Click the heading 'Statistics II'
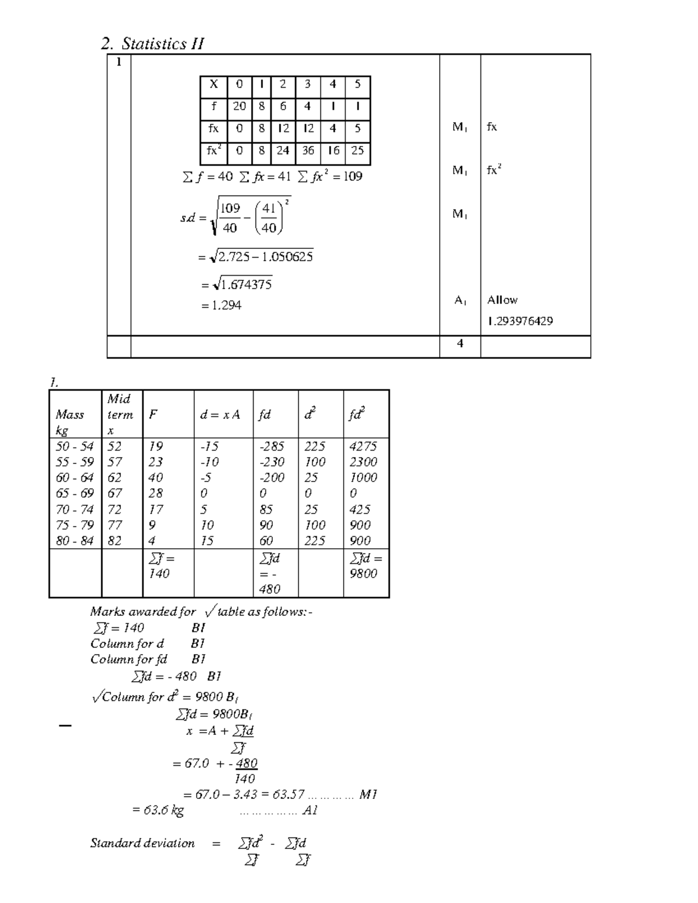(162, 44)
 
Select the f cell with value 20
(239, 106)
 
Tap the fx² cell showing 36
(308, 151)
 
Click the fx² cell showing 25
(357, 151)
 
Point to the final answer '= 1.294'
(221, 305)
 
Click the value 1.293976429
(520, 321)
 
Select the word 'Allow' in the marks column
(502, 300)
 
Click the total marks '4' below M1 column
(460, 344)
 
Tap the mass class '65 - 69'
(74, 493)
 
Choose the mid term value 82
(115, 540)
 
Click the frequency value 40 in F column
(155, 477)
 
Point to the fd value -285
(272, 446)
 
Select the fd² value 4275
(363, 446)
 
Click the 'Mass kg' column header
(69, 422)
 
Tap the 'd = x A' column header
(220, 415)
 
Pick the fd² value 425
(359, 509)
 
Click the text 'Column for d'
(127, 644)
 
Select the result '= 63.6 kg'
(158, 810)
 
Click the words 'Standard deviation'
(142, 843)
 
